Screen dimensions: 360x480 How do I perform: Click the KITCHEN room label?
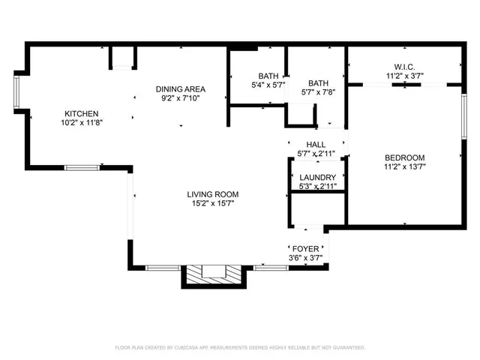(81, 113)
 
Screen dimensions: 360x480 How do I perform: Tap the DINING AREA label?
(180, 88)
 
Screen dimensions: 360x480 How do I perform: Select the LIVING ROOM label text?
(211, 194)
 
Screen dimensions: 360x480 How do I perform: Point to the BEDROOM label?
(404, 157)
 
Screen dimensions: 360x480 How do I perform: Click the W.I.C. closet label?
(404, 65)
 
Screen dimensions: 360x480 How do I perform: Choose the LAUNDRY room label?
(317, 177)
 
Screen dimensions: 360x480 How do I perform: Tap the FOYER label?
(306, 248)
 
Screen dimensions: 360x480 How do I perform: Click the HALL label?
(316, 144)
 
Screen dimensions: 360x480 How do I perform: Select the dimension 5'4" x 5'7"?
(268, 85)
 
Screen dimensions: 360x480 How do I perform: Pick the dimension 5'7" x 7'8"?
(318, 93)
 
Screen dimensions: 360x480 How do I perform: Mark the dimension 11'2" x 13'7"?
(404, 167)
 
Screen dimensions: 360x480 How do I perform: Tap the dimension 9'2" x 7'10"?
(180, 97)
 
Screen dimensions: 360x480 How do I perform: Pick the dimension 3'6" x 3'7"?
(306, 258)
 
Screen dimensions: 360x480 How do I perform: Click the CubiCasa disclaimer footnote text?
(240, 347)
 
